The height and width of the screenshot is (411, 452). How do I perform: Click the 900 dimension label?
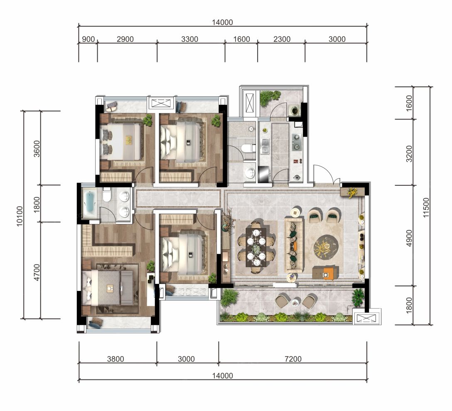88,39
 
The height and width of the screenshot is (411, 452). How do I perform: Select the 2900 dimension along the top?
125,39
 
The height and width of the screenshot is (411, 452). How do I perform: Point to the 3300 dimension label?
190,39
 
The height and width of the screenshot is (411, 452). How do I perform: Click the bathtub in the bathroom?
90,204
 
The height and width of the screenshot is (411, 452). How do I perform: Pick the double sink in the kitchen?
265,144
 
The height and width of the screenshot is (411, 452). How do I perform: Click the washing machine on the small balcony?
295,111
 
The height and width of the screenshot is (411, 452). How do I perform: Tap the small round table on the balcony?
295,303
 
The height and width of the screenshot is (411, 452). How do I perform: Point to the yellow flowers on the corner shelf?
353,192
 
